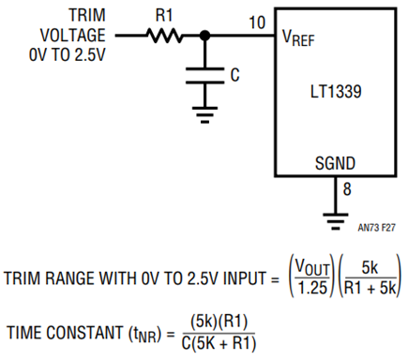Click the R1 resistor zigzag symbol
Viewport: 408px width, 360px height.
pyautogui.click(x=164, y=36)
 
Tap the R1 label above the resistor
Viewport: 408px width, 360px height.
pyautogui.click(x=164, y=15)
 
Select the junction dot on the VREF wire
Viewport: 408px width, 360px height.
pyautogui.click(x=204, y=36)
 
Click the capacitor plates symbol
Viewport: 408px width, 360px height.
pyautogui.click(x=204, y=76)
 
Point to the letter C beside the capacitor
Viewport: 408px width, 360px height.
pyautogui.click(x=234, y=75)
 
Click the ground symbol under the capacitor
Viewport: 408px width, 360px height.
pyautogui.click(x=204, y=115)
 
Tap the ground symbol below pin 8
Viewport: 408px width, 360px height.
pyautogui.click(x=335, y=222)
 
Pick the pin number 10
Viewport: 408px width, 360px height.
pyautogui.click(x=257, y=22)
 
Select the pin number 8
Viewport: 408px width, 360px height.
pyautogui.click(x=347, y=189)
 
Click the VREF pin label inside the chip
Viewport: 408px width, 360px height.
pyautogui.click(x=298, y=37)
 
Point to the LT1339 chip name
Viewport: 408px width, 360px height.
pyautogui.click(x=336, y=92)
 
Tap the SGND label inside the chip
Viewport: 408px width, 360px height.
pyautogui.click(x=335, y=163)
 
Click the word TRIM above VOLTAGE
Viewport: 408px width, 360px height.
pyautogui.click(x=87, y=15)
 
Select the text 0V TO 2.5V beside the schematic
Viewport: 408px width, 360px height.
pyautogui.click(x=67, y=54)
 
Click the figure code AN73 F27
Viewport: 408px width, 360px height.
pyautogui.click(x=377, y=228)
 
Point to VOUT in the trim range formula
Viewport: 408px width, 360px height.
pyautogui.click(x=312, y=268)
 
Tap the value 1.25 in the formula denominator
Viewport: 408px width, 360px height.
pyautogui.click(x=312, y=288)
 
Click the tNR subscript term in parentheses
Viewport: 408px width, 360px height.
pyautogui.click(x=144, y=334)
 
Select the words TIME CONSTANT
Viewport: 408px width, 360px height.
pyautogui.click(x=65, y=333)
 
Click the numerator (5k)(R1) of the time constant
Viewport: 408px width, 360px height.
pyautogui.click(x=219, y=322)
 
